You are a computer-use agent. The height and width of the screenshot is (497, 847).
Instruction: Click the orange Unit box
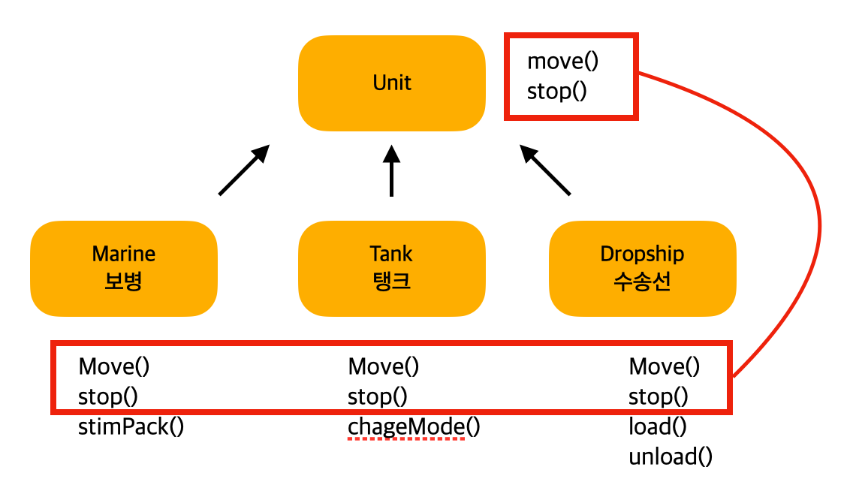coord(391,83)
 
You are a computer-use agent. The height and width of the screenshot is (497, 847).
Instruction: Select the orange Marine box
coord(124,268)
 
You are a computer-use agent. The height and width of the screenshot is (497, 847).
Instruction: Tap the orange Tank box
coord(391,268)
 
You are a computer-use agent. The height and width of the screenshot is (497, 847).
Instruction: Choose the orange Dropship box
coord(642,268)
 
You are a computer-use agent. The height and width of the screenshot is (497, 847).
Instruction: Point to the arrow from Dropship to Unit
coord(545,170)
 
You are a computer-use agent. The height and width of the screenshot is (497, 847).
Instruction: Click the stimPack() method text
coord(131,427)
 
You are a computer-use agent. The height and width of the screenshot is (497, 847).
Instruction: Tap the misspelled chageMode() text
coord(414,427)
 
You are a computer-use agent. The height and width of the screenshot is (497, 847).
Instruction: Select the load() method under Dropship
coord(658,427)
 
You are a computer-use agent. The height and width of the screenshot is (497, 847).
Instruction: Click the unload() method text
coord(671,456)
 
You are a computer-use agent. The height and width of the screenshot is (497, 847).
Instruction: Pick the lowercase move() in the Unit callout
coord(562,61)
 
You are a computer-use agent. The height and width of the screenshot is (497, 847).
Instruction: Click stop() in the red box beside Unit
coord(556,92)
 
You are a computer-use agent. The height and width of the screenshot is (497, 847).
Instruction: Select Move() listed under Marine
coord(114,366)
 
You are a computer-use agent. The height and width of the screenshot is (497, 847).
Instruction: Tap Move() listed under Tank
coord(384,366)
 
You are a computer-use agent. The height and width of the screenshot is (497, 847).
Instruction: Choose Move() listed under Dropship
coord(665,366)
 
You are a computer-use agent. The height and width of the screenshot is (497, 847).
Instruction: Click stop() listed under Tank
coord(377,396)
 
